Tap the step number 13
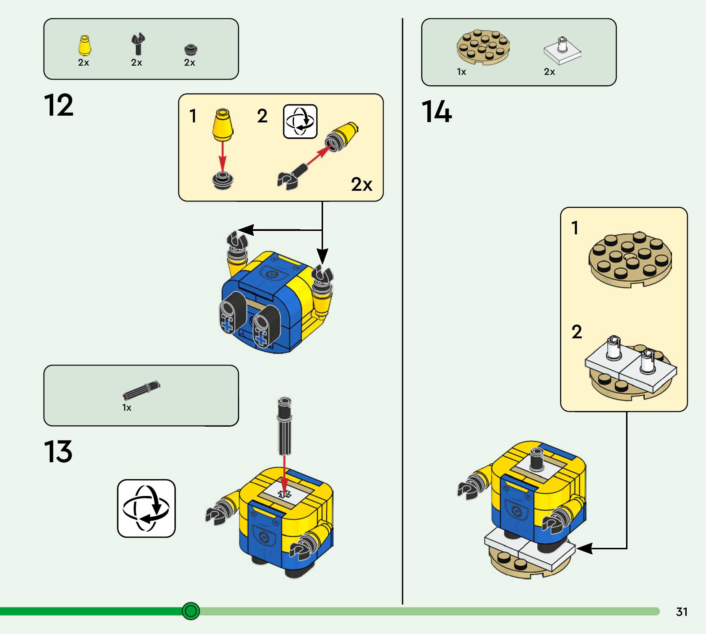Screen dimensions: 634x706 click(58, 451)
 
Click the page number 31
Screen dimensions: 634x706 click(682, 612)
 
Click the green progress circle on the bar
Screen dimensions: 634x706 click(191, 611)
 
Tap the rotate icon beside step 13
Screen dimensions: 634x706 click(146, 508)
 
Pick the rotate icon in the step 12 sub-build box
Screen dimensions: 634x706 click(300, 121)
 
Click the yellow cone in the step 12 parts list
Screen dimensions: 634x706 click(84, 46)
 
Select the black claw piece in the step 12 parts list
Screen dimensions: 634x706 click(138, 44)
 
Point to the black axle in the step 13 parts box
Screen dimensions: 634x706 click(142, 390)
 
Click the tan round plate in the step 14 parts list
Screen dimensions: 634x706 click(483, 47)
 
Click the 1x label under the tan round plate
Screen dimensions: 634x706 click(461, 72)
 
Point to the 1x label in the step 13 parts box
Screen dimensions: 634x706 click(127, 408)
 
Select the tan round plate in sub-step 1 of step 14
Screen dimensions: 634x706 click(630, 260)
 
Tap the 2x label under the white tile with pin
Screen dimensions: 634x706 click(549, 72)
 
